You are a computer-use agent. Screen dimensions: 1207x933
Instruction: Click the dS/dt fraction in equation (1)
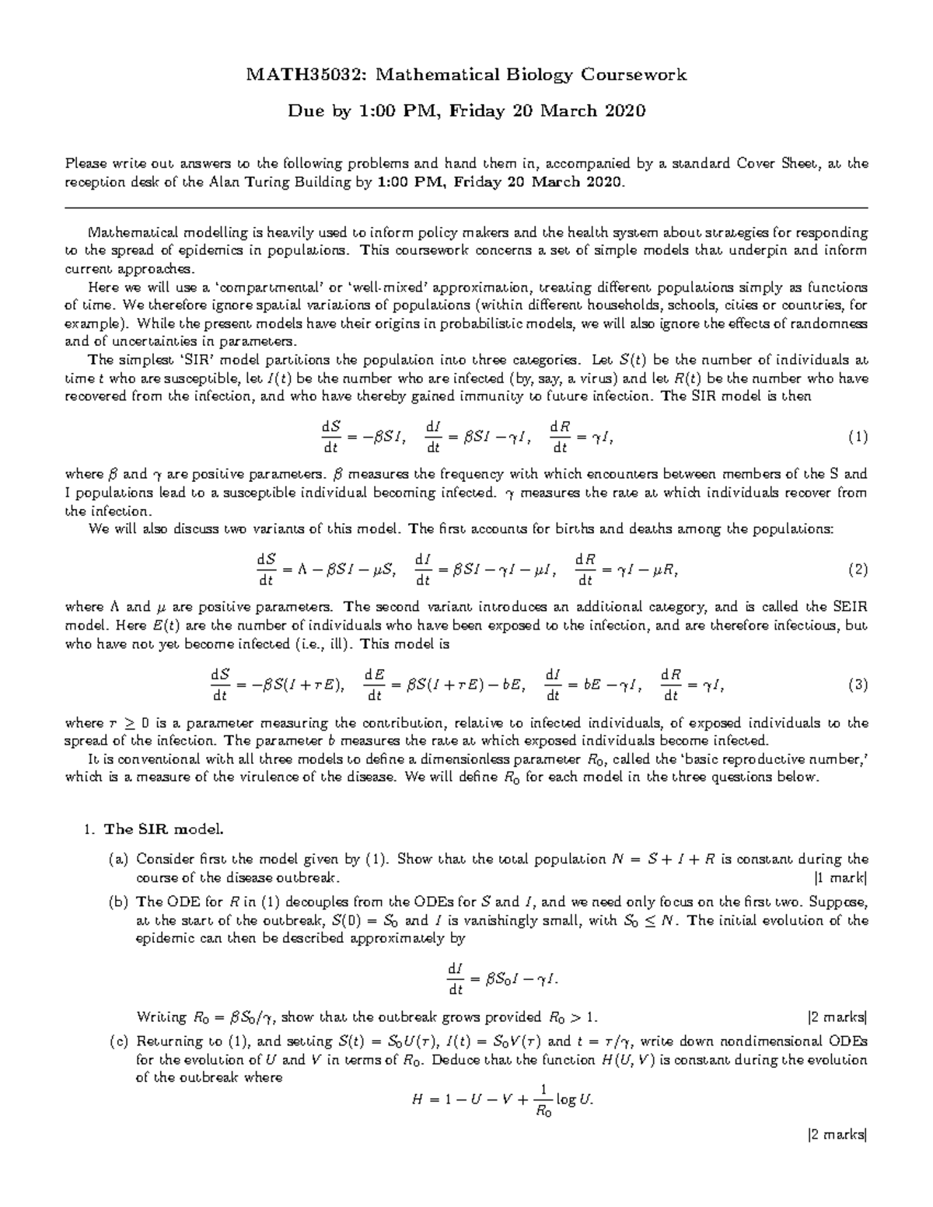coord(330,438)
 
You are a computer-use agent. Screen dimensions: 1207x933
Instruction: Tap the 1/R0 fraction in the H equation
coord(543,1101)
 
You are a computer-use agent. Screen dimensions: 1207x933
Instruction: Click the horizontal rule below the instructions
coord(466,208)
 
